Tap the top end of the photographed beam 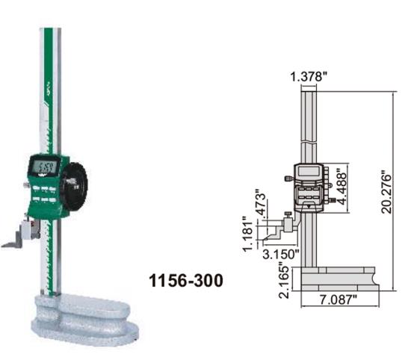[51, 31]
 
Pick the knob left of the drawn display [288, 179]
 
